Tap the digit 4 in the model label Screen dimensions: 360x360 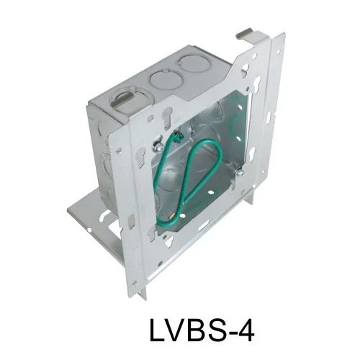[245, 328]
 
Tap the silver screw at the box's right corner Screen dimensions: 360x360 [240, 172]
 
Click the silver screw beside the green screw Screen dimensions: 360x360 [158, 149]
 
